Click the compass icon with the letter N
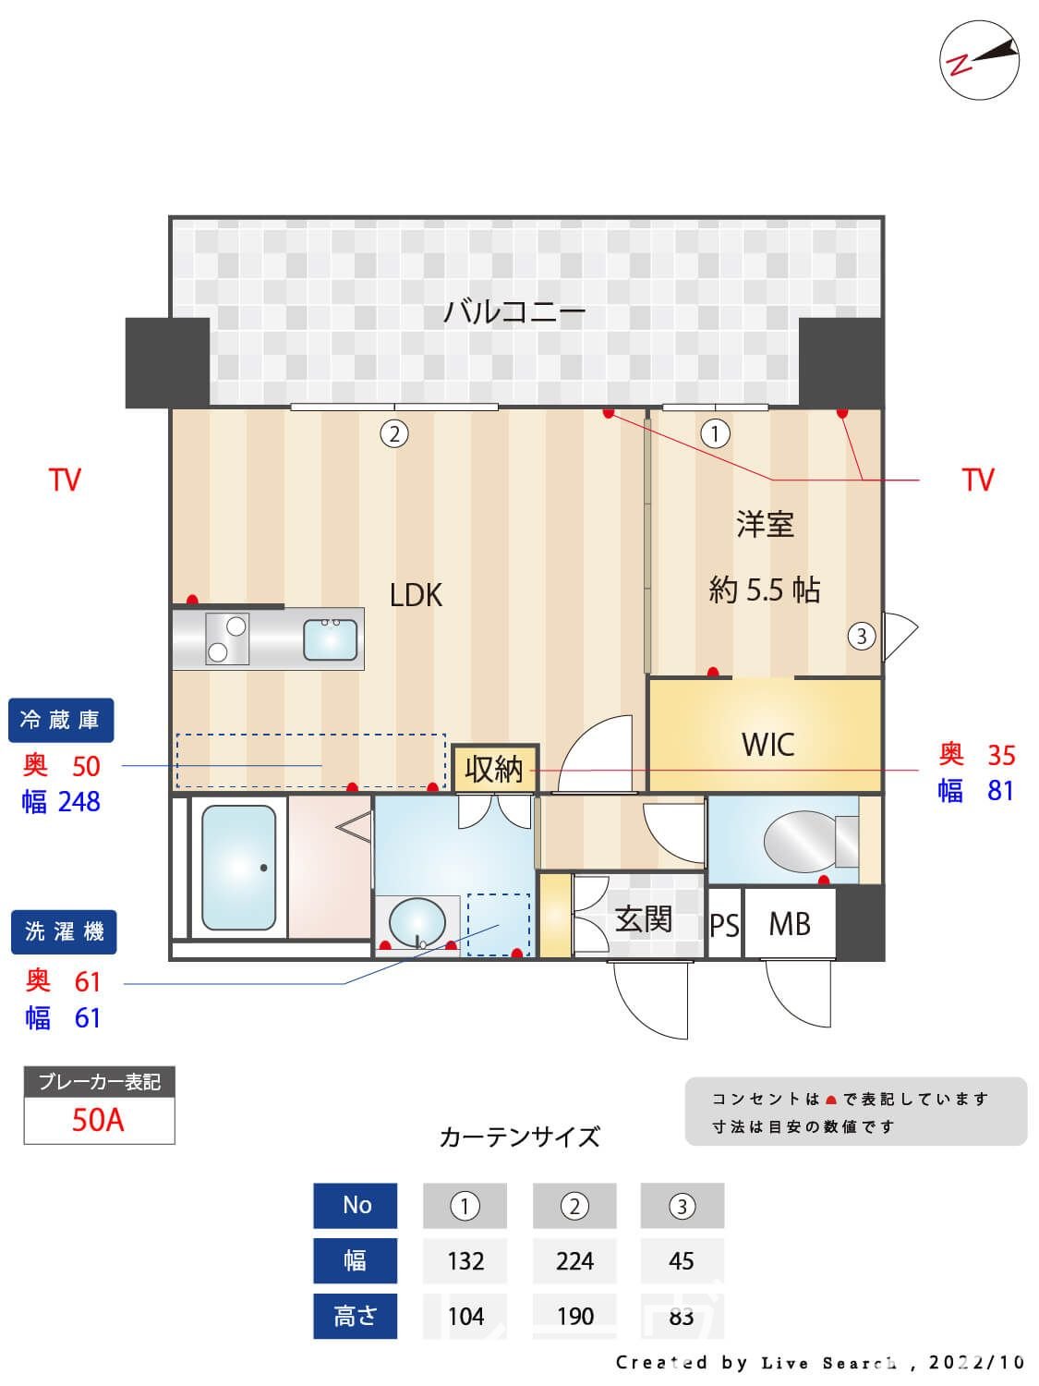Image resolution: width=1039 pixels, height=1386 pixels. pos(979,60)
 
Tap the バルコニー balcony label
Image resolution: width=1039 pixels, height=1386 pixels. pos(514,311)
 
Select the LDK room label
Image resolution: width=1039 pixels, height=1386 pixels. pos(416,595)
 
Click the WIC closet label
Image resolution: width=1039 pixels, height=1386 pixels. pos(767,744)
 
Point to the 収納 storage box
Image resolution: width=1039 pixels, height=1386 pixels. pos(494,769)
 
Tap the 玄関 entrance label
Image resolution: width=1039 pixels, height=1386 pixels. pos(643,919)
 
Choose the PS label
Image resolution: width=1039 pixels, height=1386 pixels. pos(724,924)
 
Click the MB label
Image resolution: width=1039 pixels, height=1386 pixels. pos(790,924)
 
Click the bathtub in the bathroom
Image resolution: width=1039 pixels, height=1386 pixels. pos(238,868)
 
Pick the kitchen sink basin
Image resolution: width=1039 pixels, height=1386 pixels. pos(331,639)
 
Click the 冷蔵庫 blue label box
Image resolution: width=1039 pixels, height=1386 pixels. pos(61,720)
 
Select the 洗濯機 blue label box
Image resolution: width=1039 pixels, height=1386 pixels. pos(64,931)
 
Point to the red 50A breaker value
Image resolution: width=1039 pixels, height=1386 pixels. pos(98,1120)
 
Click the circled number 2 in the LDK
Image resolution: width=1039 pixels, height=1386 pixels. pos(394,433)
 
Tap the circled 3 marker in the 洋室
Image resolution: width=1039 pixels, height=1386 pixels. pos(862,636)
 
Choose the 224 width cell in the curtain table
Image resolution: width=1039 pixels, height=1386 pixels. pos(574,1260)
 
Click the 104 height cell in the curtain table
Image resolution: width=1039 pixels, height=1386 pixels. pos(465,1316)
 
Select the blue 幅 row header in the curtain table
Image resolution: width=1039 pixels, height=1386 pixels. pos(356,1260)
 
